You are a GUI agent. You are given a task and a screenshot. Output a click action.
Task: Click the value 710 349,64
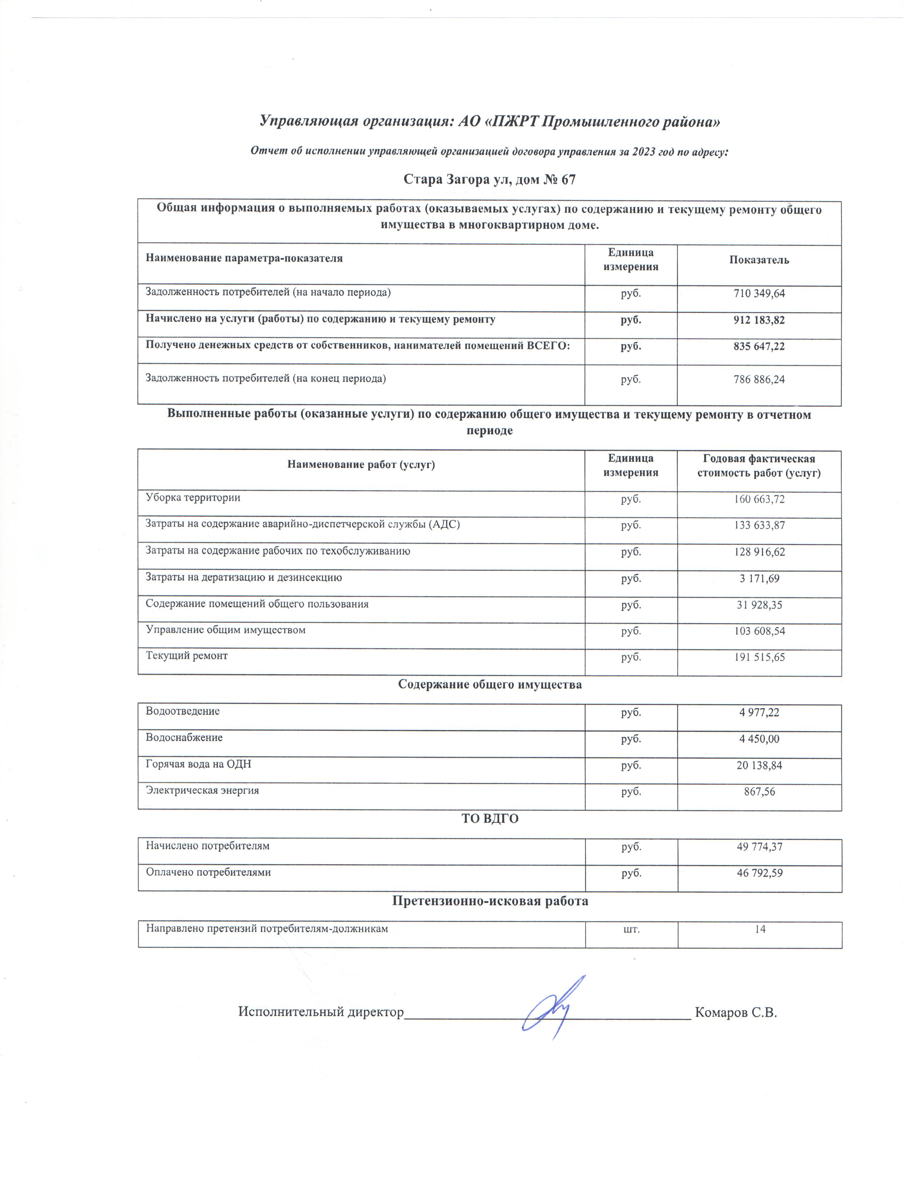coord(759,293)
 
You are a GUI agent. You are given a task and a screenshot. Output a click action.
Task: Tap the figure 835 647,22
coord(759,346)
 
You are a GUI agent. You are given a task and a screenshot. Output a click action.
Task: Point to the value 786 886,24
coord(759,379)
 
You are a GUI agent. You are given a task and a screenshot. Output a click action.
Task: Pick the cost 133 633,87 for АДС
coord(759,525)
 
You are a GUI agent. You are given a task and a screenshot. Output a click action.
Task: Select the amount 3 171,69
coord(759,578)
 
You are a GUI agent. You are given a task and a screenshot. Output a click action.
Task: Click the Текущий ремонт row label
coord(187,656)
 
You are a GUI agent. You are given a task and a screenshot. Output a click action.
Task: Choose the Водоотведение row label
coord(183,711)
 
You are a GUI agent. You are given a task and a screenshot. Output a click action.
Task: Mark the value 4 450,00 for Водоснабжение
coord(759,739)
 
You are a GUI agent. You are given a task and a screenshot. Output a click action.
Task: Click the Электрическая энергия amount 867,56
coord(759,791)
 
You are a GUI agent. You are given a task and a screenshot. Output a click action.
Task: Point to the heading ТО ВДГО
coord(489,818)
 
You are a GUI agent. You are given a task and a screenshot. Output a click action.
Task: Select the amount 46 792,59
coord(759,872)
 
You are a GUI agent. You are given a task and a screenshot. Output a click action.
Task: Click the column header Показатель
coord(759,260)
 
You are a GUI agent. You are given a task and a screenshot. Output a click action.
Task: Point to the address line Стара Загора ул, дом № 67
coord(489,179)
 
